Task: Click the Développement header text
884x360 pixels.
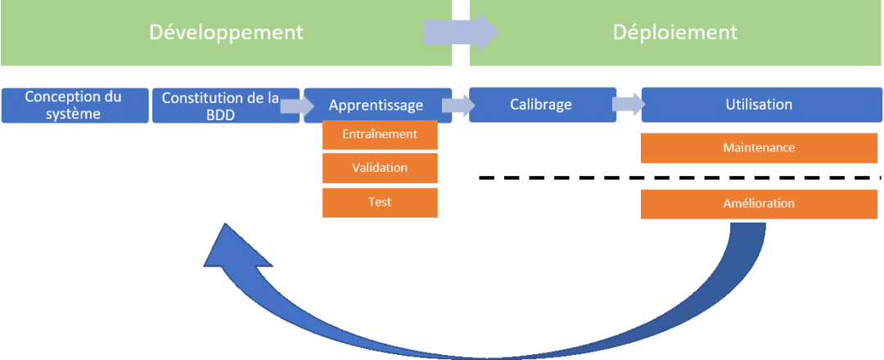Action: (x=226, y=33)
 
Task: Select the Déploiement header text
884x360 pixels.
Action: (x=675, y=33)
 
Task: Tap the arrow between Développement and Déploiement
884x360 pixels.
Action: (x=461, y=33)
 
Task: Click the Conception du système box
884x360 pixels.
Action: (x=74, y=105)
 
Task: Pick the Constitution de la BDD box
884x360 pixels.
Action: (x=219, y=105)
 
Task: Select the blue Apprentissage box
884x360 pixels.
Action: (x=377, y=105)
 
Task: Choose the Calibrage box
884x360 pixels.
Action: (x=543, y=105)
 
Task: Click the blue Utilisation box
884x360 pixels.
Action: (x=759, y=105)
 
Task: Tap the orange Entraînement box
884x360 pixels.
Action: (x=380, y=134)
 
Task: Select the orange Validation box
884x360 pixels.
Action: (x=380, y=168)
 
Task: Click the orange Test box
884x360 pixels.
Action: (x=380, y=202)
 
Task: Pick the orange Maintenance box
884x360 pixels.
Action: (x=759, y=148)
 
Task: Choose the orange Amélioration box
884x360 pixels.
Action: (x=759, y=204)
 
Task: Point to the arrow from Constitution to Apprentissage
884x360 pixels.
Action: (x=292, y=105)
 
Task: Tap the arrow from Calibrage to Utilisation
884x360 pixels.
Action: (x=628, y=105)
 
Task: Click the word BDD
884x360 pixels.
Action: (x=219, y=114)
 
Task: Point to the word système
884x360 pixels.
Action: (x=74, y=114)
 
